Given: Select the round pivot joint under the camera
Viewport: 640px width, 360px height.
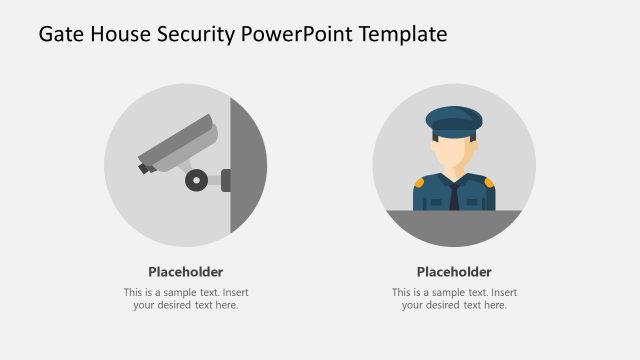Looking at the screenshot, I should [x=197, y=180].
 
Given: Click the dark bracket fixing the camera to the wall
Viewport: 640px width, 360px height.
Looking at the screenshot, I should [x=225, y=180].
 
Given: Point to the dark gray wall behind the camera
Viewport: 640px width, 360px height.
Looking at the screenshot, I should [x=246, y=165].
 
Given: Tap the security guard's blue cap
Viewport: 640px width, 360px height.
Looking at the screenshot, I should [x=454, y=120].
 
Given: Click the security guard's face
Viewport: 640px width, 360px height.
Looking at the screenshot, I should [x=454, y=151].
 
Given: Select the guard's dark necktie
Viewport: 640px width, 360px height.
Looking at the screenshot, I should [x=454, y=195].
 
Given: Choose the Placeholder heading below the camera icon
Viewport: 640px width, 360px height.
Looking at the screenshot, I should [x=186, y=272].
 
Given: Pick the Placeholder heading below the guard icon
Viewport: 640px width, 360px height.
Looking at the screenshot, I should [x=454, y=272].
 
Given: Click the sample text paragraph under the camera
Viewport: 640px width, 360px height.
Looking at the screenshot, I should [x=186, y=298].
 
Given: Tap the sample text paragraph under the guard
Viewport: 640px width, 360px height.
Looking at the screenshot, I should [x=454, y=298].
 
